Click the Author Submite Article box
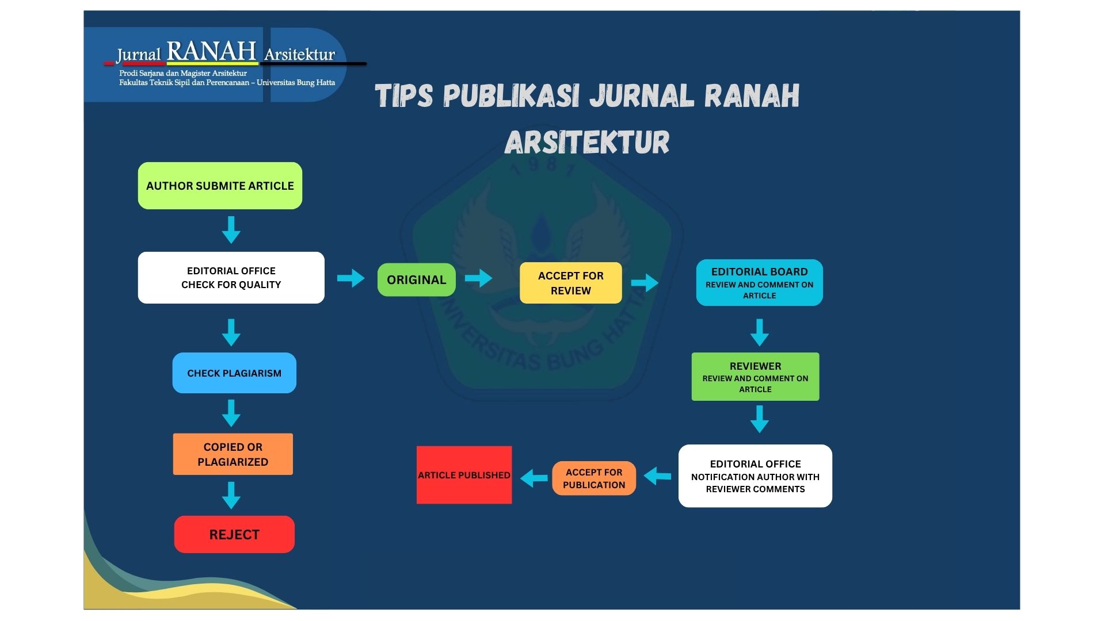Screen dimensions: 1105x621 pos(220,186)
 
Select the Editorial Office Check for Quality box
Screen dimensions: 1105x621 pos(231,278)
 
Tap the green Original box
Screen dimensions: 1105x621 pos(417,280)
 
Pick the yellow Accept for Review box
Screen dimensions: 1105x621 pos(571,283)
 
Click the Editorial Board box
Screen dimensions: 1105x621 pos(760,282)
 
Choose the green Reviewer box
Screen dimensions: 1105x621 pos(755,377)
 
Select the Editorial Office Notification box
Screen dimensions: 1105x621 pos(755,476)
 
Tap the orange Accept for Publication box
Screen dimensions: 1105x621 pos(594,478)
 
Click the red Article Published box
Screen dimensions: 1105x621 pos(464,475)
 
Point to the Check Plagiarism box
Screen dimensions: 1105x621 pos(234,373)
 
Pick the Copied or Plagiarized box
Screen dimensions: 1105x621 pos(233,454)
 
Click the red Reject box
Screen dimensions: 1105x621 pos(234,535)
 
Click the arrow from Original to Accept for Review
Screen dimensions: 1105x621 pos(478,278)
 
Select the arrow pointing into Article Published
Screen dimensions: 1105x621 pos(534,478)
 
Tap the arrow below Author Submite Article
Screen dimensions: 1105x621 pos(231,230)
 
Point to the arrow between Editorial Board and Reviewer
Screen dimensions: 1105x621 pos(760,332)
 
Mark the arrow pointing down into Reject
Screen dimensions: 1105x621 pos(231,496)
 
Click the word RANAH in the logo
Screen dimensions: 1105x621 pos(211,51)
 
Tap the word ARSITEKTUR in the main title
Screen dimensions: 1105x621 pos(587,142)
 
